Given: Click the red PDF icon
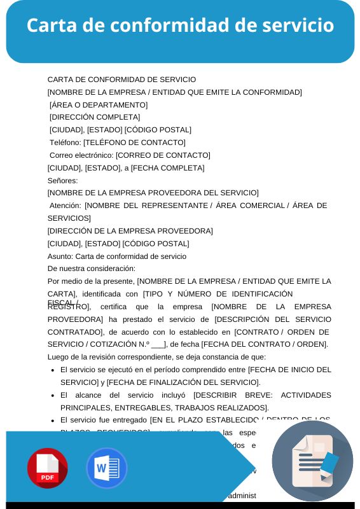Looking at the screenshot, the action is [x=47, y=468].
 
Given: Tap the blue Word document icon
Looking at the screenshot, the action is [x=106, y=468].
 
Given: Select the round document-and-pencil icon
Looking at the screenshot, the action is [x=312, y=461].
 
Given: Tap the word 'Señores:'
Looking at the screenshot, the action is [x=62, y=180].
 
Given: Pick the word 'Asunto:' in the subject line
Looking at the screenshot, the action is [x=60, y=256].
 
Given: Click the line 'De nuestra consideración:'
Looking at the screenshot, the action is [x=92, y=268].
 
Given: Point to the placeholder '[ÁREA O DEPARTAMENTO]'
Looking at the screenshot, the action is [x=99, y=105].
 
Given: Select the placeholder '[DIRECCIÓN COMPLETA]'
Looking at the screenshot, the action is [x=95, y=117].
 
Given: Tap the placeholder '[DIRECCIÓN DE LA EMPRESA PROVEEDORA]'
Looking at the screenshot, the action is [x=130, y=231].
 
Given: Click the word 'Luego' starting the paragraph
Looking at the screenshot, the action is [x=59, y=357].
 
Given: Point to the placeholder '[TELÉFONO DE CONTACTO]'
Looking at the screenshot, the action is [x=134, y=143].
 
